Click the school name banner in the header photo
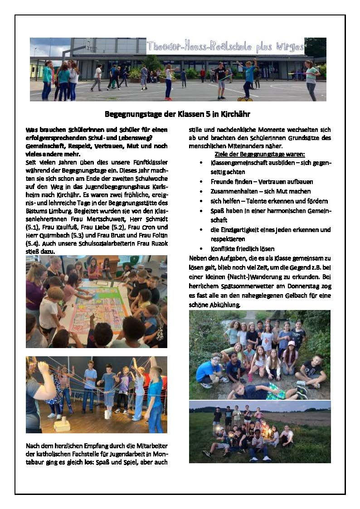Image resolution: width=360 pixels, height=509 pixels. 225,47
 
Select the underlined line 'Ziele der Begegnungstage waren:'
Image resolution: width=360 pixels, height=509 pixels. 263,155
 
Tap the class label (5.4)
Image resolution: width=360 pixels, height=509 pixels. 33,243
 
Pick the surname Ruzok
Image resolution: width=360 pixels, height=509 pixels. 157,243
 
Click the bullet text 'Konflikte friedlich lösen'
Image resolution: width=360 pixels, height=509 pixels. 242,249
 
